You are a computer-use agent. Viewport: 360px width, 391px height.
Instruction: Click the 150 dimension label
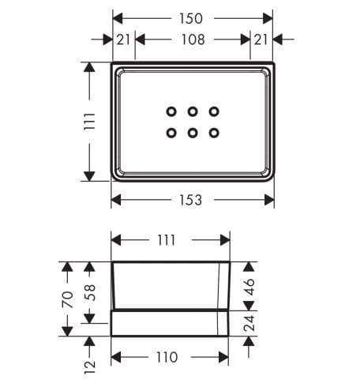point(191,18)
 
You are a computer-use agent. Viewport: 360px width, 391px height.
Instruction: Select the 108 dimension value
point(193,39)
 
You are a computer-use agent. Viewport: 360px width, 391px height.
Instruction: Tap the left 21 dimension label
point(123,39)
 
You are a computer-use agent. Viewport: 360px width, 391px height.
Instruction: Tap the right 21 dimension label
point(261,39)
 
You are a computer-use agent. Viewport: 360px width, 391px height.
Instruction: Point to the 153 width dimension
point(191,200)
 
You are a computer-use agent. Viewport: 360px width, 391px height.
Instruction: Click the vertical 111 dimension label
point(89,121)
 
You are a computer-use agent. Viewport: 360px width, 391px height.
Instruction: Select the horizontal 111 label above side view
point(167,240)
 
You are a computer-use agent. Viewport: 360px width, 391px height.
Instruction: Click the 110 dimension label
point(167,357)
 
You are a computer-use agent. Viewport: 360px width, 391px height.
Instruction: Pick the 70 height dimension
point(67,299)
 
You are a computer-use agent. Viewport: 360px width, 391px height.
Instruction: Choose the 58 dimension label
point(89,292)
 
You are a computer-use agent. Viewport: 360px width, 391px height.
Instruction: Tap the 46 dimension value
point(249,287)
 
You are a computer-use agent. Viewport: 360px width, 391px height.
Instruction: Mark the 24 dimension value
point(249,323)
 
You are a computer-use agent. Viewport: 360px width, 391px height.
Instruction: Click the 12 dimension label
point(89,367)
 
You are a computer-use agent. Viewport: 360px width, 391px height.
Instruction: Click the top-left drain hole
point(171,111)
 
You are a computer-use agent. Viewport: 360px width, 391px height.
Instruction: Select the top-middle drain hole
point(193,111)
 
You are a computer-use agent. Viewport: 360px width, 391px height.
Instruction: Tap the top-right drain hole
point(214,111)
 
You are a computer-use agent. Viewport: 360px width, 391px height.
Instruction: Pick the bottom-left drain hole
point(171,133)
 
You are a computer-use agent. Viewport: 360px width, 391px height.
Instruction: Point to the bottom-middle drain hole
point(193,133)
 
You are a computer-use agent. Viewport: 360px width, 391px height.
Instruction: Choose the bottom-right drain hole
point(214,133)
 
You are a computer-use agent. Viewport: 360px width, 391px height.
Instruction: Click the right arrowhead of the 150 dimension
point(268,18)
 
